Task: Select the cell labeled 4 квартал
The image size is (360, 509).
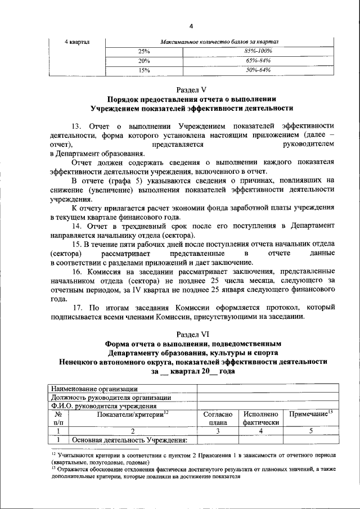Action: (x=78, y=42)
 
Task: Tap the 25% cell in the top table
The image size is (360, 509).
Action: (x=145, y=52)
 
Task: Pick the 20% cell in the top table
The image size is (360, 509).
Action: (x=145, y=61)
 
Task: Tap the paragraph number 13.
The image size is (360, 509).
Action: (x=78, y=125)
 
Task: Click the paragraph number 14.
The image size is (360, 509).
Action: (x=78, y=226)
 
